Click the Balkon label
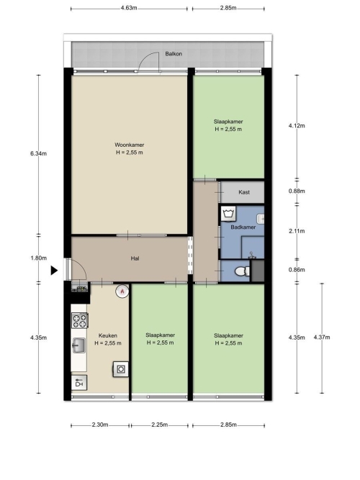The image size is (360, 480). [x=174, y=54]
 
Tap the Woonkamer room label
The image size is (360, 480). [x=130, y=145]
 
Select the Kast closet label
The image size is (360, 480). [x=244, y=192]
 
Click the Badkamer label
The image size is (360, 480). [x=243, y=227]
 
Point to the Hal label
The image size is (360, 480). [x=135, y=258]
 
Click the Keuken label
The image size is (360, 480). [x=108, y=335]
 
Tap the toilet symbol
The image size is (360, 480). [x=242, y=271]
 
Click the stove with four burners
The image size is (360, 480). [x=80, y=320]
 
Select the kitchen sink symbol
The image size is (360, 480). [x=78, y=345]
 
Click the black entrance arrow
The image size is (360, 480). [x=54, y=271]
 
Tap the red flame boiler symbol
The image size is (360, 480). [x=122, y=291]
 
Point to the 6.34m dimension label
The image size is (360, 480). [x=38, y=154]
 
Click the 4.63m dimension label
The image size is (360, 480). [x=129, y=8]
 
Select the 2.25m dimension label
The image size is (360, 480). [x=159, y=425]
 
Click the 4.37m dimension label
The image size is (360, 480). [x=322, y=338]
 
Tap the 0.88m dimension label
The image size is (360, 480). [x=297, y=191]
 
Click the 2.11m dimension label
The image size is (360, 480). [x=297, y=231]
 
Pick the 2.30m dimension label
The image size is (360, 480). [x=100, y=425]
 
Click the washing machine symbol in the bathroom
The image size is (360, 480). [x=228, y=213]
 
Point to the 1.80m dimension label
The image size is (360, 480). [x=39, y=258]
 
